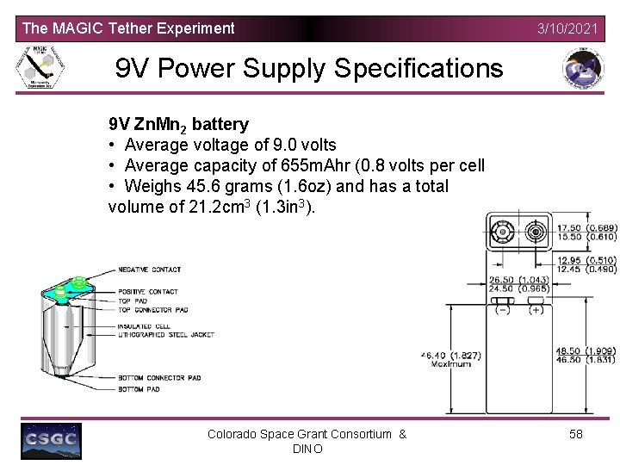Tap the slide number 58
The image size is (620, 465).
[x=576, y=434]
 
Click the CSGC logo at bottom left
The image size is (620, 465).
[x=51, y=441]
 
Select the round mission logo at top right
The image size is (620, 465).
[x=582, y=70]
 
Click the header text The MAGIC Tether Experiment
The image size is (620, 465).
[x=127, y=28]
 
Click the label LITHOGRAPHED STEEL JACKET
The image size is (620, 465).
[x=167, y=334]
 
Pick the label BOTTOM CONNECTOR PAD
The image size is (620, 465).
[x=159, y=377]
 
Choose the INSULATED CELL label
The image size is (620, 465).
[x=144, y=326]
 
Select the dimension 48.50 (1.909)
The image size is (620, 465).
[x=586, y=350]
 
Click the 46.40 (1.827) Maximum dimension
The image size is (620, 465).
[x=450, y=359]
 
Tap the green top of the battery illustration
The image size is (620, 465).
[x=72, y=288]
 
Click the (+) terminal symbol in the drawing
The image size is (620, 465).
[x=536, y=309]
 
